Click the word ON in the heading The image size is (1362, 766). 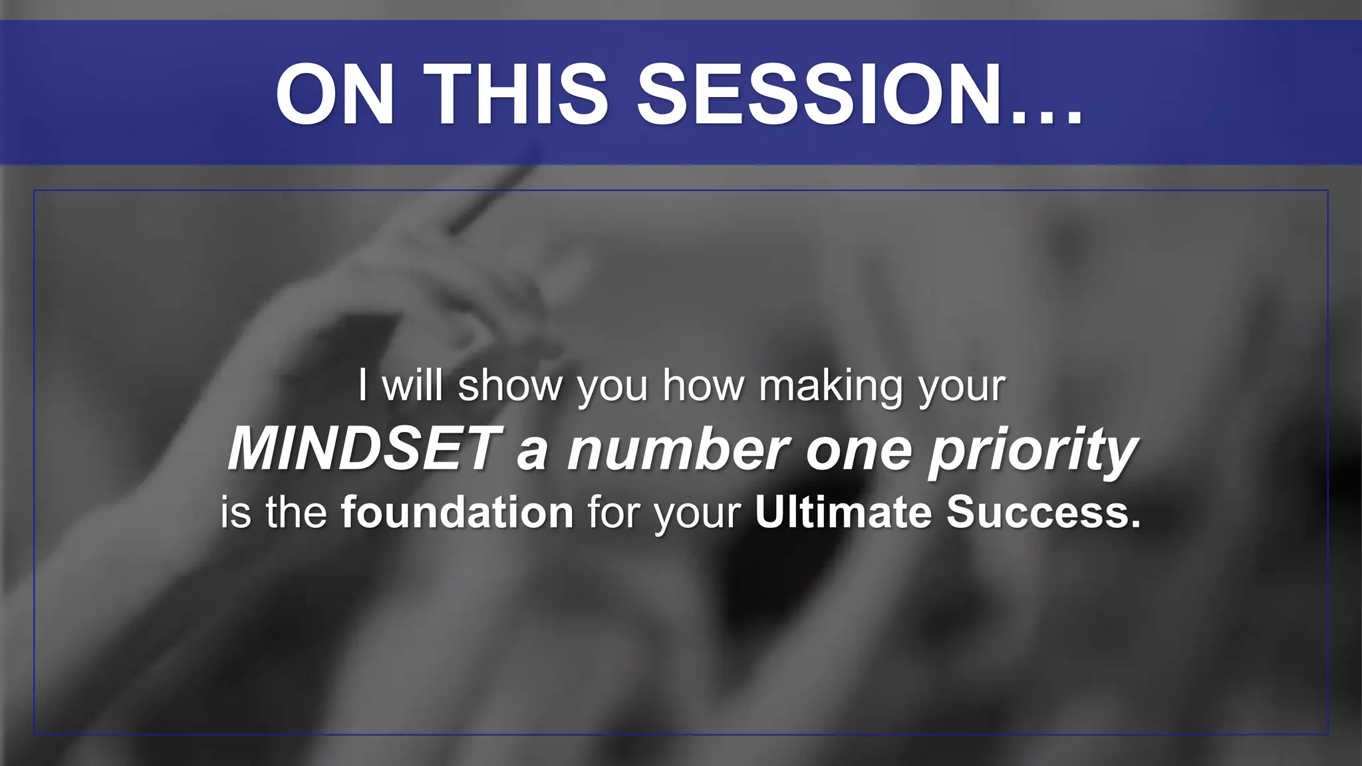coord(336,94)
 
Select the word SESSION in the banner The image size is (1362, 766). coord(818,94)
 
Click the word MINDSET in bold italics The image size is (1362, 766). coord(362,449)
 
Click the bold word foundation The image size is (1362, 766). coord(457,512)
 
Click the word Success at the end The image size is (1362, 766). coord(1041,512)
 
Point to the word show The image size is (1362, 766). coord(510,386)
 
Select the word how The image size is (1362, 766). coord(703,386)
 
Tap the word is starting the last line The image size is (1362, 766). coord(236,512)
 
